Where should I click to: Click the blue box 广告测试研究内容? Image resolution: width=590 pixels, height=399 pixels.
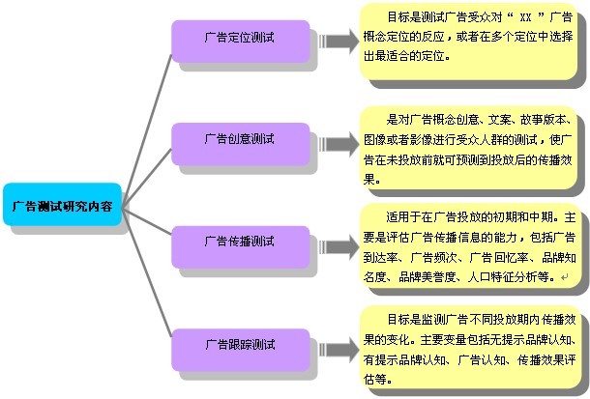pos(62,206)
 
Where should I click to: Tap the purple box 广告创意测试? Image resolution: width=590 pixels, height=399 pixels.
pos(239,140)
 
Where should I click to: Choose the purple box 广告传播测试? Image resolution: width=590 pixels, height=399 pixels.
pos(239,241)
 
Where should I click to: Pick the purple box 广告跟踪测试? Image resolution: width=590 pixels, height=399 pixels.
pos(239,344)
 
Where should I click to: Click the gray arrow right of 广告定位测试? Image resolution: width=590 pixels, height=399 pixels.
pos(337,42)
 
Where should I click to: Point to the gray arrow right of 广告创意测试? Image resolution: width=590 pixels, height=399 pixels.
pos(337,142)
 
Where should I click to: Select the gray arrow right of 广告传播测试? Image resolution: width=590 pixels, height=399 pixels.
pos(337,242)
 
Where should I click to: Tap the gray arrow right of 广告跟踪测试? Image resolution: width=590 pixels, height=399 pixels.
pos(337,345)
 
